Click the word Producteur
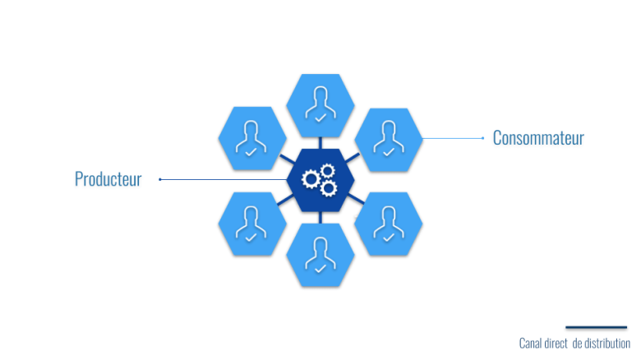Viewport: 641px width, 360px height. click(x=108, y=179)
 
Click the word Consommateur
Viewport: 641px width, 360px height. click(x=538, y=138)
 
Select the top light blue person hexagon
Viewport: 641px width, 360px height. click(x=320, y=104)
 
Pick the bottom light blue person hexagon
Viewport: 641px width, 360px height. click(x=320, y=254)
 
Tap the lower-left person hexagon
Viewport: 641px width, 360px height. click(x=252, y=223)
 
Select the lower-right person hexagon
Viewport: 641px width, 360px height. click(x=388, y=223)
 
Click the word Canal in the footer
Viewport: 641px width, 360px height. click(x=532, y=344)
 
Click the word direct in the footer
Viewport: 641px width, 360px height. click(x=557, y=344)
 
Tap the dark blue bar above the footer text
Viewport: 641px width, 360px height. click(x=596, y=328)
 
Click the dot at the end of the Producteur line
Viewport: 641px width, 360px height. click(x=159, y=178)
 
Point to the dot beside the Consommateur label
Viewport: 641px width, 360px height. click(x=483, y=138)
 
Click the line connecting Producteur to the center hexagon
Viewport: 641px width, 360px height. click(x=222, y=178)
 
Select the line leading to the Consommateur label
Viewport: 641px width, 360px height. click(x=452, y=138)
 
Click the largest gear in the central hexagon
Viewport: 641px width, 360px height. click(x=311, y=178)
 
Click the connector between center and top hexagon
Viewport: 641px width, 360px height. click(x=320, y=141)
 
